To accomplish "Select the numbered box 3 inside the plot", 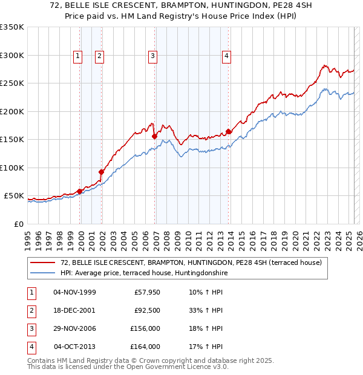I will [x=153, y=56].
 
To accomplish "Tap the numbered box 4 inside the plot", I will [x=226, y=56].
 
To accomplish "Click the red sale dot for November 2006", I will [x=155, y=137].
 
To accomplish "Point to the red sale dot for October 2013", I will [x=229, y=131].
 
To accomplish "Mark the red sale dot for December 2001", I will [x=102, y=172].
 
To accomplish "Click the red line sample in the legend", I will [x=42, y=262].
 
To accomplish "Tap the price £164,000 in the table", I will [x=145, y=347].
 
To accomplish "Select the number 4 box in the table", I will [x=30, y=347].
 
